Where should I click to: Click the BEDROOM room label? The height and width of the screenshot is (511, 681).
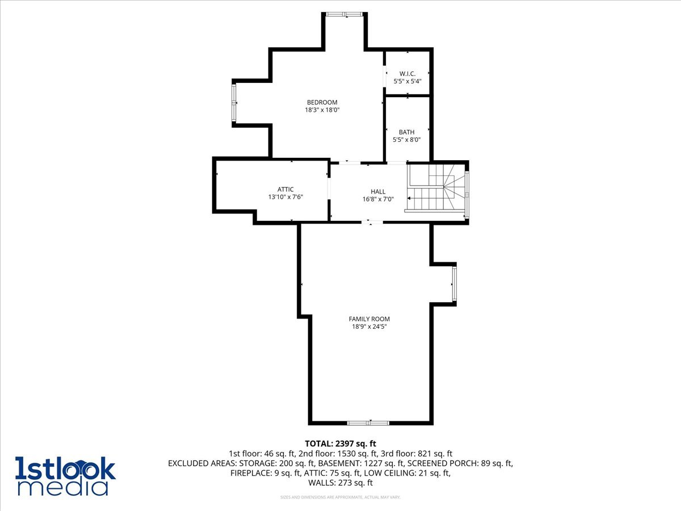pos(322,102)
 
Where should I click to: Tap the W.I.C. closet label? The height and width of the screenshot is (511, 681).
pos(407,73)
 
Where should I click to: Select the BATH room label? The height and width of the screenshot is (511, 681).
pos(406,132)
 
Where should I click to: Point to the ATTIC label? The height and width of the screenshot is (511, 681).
pos(285,190)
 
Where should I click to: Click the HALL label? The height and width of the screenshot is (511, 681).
pos(378,191)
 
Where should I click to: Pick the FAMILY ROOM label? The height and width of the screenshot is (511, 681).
pos(369,319)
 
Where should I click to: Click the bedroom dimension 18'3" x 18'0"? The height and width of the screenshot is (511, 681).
pos(322,110)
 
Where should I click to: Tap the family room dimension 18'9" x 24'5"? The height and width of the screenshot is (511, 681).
pos(369,326)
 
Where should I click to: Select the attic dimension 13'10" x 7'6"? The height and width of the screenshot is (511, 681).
pos(285,197)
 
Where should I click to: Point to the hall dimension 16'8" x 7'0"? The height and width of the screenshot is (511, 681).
pos(378,199)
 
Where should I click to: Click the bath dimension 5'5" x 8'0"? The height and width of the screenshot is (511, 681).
pos(406,140)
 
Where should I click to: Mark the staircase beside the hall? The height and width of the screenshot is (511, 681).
pos(437,187)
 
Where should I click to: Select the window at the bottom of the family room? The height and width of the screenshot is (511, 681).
pos(368,422)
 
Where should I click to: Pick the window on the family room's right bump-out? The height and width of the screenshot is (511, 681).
pos(454,284)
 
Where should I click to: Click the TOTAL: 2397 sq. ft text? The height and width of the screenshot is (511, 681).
pos(340,443)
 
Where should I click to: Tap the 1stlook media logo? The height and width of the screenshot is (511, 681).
pos(65,476)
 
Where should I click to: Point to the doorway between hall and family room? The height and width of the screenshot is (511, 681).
pos(372,222)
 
